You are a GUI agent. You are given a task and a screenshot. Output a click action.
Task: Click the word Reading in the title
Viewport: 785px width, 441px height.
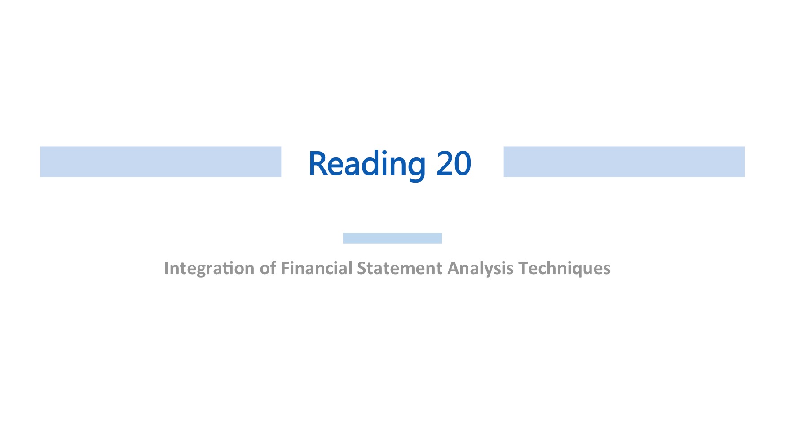(x=367, y=165)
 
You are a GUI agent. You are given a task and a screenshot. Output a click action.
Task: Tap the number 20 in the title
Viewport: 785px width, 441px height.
(x=454, y=163)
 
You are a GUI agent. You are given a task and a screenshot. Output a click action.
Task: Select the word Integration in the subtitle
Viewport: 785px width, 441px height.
(x=209, y=269)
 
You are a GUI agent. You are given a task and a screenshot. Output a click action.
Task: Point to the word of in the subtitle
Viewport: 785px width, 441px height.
(x=268, y=268)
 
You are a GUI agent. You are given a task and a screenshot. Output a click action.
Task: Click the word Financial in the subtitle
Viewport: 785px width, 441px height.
(x=317, y=268)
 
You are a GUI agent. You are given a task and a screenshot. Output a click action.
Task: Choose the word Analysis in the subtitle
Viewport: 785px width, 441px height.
(x=481, y=269)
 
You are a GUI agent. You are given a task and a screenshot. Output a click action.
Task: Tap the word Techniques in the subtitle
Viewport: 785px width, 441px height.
(x=564, y=269)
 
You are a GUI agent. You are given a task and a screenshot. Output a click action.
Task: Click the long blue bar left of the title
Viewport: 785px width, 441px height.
(x=161, y=162)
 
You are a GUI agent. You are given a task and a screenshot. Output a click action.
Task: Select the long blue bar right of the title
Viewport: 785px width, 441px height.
(x=624, y=162)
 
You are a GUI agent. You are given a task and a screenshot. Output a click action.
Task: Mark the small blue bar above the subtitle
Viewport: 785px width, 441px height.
(x=392, y=238)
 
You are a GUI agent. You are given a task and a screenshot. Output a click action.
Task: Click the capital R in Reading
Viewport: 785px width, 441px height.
(x=318, y=163)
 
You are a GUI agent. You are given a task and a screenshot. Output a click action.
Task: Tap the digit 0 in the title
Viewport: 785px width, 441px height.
(x=463, y=163)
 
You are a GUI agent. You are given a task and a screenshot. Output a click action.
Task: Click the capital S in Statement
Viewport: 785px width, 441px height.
(x=362, y=268)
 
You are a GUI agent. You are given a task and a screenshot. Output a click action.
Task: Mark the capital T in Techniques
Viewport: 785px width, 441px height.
(x=523, y=268)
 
